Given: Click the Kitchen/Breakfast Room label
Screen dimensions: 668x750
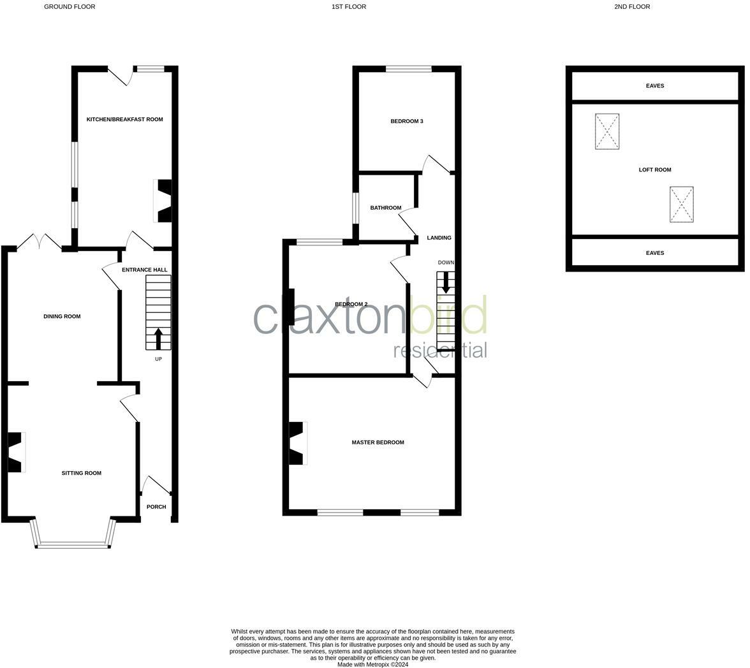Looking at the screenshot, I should point(124,119).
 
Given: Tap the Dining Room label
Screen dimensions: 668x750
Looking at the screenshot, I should point(62,316).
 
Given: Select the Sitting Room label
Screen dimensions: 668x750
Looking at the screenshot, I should point(82,473).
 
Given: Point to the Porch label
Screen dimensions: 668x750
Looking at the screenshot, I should point(156,507).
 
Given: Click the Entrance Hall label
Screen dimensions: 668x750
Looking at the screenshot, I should point(145,270).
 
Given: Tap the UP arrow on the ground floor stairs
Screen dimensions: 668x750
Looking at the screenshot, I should point(158,338).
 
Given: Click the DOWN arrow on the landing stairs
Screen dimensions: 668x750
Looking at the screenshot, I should point(446,282).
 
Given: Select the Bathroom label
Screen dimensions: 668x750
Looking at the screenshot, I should point(386,208).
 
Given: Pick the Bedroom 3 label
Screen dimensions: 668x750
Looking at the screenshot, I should point(407,121).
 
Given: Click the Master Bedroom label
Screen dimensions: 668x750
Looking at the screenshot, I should point(378,442).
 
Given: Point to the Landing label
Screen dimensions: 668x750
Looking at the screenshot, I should point(439,238).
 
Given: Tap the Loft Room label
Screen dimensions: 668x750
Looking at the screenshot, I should point(655,170).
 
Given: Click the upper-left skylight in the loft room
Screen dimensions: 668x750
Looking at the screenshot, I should point(607,131).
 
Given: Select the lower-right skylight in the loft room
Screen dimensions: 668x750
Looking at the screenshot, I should point(681,204).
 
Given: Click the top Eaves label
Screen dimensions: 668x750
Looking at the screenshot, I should point(655,86).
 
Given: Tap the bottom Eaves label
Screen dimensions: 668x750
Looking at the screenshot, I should point(655,253).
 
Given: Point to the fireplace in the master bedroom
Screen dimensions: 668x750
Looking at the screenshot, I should point(298,443).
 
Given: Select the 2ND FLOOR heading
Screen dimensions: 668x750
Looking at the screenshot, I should point(632,7).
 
